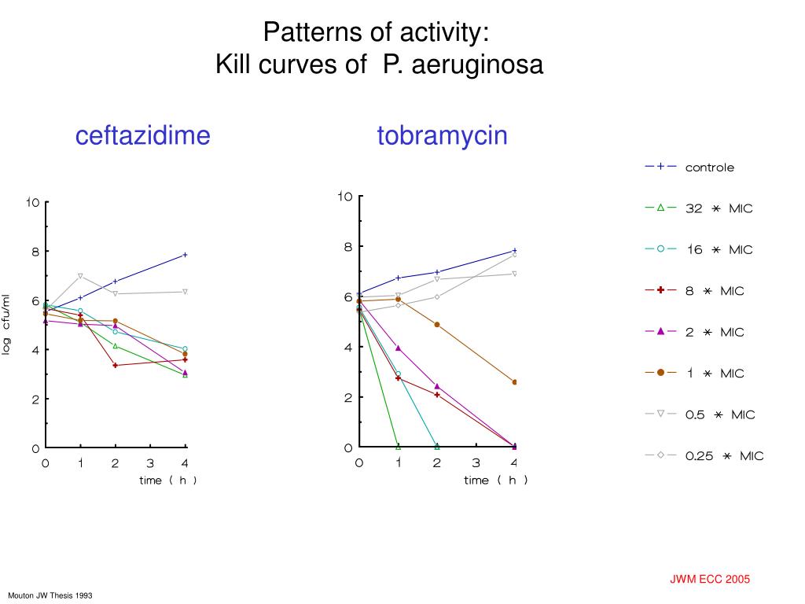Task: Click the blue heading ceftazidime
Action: click(x=143, y=136)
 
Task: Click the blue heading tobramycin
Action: click(x=442, y=136)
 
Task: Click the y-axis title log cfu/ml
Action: click(x=6, y=324)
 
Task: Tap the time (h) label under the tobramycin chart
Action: click(x=495, y=481)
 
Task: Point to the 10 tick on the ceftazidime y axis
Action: click(x=33, y=202)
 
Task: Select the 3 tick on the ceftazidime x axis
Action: click(x=150, y=463)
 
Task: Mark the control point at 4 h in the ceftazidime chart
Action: click(x=186, y=255)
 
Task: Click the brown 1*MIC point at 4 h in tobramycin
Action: click(x=515, y=382)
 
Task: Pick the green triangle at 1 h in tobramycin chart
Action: click(x=398, y=447)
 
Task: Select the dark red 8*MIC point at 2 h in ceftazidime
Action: click(x=116, y=365)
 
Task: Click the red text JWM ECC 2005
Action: click(x=710, y=580)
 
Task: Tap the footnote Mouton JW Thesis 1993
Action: click(x=51, y=595)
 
